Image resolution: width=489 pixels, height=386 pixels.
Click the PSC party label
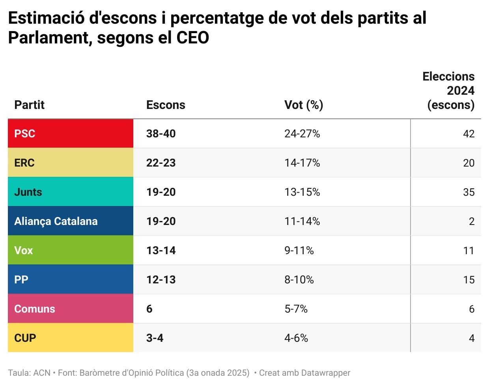click(x=25, y=134)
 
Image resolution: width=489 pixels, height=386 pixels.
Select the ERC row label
click(x=24, y=163)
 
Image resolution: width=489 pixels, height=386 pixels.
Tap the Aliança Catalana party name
click(x=56, y=221)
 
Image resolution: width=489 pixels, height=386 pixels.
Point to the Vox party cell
click(x=24, y=251)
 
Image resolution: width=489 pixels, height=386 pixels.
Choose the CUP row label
click(x=25, y=338)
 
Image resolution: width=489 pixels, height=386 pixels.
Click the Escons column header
click(x=166, y=105)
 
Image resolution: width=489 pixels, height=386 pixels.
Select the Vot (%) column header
click(x=304, y=105)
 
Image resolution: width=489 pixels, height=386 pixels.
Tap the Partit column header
click(x=30, y=105)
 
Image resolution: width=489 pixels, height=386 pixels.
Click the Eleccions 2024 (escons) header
click(x=449, y=91)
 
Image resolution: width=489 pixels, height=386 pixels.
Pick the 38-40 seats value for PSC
click(x=161, y=134)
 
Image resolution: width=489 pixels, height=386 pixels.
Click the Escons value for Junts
click(x=161, y=192)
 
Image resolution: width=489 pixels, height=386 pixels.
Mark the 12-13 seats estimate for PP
click(x=161, y=280)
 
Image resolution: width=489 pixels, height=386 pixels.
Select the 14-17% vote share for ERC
click(x=302, y=163)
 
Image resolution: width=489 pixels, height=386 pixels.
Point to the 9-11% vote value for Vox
click(x=299, y=251)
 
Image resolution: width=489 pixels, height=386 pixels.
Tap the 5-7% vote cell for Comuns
click(x=296, y=309)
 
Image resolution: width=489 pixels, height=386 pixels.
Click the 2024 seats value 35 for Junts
click(x=468, y=192)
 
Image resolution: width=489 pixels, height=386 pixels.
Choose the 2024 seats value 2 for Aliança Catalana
click(x=472, y=221)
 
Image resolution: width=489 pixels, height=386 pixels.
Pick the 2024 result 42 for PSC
click(x=468, y=134)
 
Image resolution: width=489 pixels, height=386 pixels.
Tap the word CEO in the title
click(x=192, y=38)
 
